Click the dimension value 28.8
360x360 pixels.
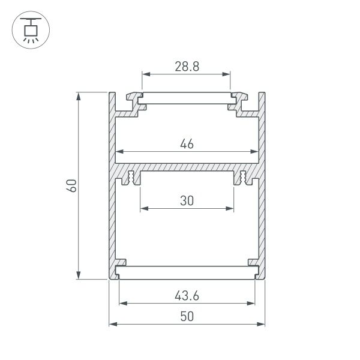[x=187, y=66]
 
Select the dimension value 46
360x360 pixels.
[x=187, y=143]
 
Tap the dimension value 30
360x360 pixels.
[x=187, y=202]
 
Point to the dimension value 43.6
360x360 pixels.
[x=187, y=295]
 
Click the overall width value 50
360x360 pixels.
[x=187, y=317]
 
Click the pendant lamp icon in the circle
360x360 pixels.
[x=28, y=29]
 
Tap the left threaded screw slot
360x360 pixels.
[x=131, y=178]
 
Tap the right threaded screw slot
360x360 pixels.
[x=242, y=178]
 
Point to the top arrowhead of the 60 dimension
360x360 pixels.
[x=79, y=95]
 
